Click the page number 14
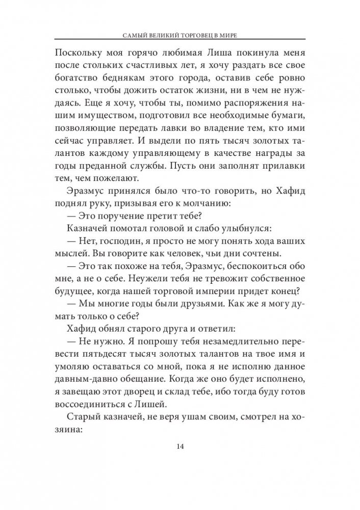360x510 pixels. [180, 447]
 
